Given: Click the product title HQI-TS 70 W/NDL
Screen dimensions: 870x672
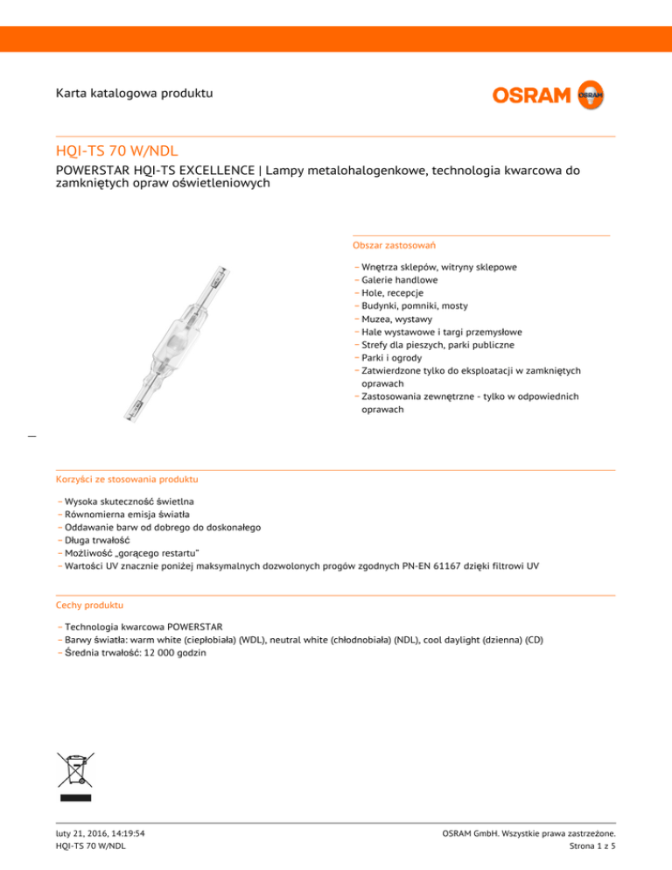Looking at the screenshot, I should pos(116,151).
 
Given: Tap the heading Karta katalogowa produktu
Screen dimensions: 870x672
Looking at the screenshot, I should pos(133,93).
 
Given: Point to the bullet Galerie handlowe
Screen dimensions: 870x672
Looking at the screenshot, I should pos(402,280).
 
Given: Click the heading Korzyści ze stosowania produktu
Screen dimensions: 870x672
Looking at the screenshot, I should pos(127,481).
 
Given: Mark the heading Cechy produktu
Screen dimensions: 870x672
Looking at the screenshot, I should pos(89,605).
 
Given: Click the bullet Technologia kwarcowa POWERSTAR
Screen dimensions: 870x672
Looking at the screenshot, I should pos(143,627).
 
